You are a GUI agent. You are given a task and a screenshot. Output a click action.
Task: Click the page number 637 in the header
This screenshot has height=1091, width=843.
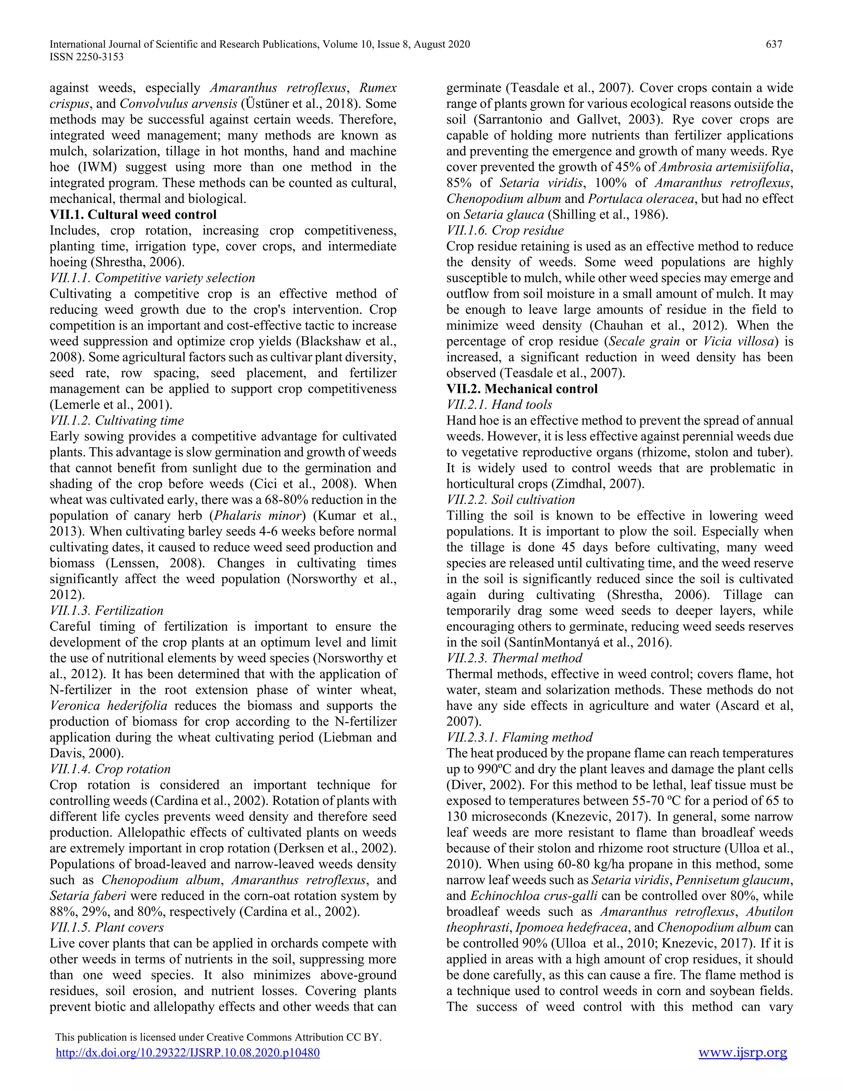click(x=773, y=44)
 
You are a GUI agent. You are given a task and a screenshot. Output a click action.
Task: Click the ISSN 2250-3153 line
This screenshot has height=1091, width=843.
click(x=86, y=57)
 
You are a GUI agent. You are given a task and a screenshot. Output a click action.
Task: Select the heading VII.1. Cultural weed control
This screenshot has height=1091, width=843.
click(x=133, y=215)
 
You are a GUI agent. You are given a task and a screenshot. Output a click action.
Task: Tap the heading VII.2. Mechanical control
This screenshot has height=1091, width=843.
click(x=522, y=389)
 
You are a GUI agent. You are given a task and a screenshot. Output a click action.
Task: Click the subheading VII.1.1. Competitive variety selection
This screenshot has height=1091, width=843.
click(x=152, y=278)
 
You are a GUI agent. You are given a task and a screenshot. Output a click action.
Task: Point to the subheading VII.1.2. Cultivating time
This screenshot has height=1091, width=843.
click(x=116, y=421)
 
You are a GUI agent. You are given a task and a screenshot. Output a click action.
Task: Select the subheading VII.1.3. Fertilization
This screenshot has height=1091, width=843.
click(x=106, y=611)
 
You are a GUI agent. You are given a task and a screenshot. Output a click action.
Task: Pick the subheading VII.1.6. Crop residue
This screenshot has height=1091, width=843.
click(x=504, y=230)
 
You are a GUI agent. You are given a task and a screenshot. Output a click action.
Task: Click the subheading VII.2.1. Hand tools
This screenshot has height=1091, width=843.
click(x=499, y=405)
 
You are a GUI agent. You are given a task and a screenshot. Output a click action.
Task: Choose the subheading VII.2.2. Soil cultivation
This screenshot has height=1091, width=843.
click(x=510, y=499)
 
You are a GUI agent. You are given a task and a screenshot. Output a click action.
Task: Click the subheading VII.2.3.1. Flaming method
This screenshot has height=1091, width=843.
click(x=519, y=737)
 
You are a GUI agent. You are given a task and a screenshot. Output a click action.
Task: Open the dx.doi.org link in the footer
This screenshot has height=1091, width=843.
click(x=187, y=1053)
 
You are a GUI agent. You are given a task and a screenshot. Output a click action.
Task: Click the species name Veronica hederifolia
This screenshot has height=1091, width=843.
click(x=108, y=706)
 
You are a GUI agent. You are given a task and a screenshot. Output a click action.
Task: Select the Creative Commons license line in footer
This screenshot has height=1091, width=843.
click(x=218, y=1037)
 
